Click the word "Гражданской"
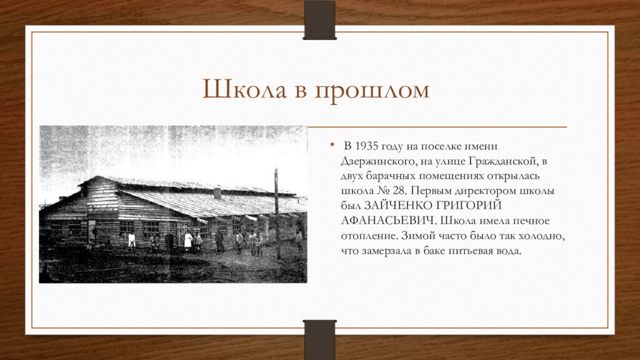click(506, 161)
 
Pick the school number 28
click(399, 190)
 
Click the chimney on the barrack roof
click(217, 192)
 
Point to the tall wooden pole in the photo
click(277, 212)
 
